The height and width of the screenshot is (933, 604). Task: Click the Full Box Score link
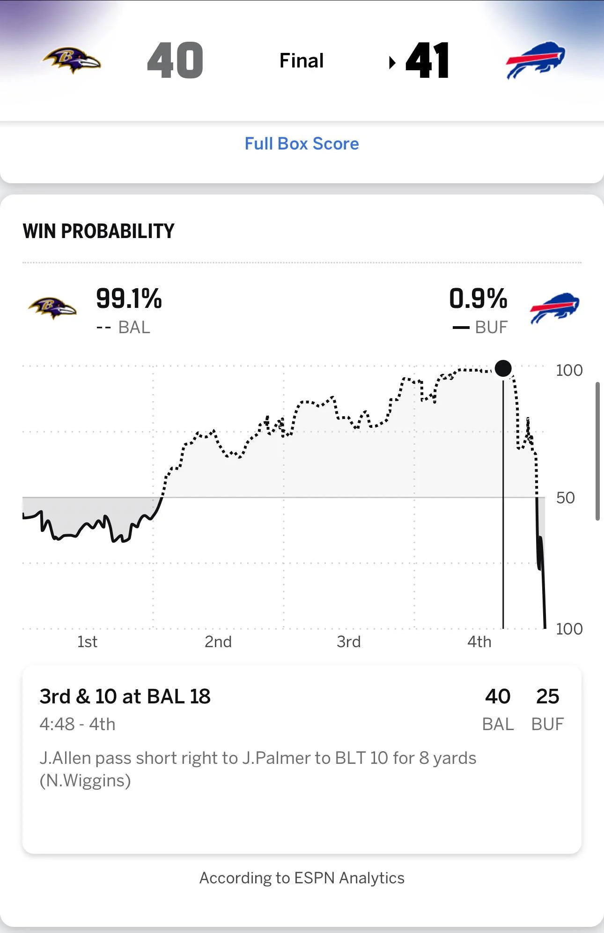point(302,144)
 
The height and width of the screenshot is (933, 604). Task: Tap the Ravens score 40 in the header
point(175,60)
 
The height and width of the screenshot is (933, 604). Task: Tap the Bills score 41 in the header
point(427,60)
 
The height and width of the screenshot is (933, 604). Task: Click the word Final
point(302,61)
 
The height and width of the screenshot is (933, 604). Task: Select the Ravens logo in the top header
point(72,60)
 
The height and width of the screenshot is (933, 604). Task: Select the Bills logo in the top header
point(535,60)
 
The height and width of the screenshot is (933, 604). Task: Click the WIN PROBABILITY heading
point(98,231)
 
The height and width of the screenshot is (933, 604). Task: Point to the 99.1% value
point(129,299)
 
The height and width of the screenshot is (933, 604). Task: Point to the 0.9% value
point(478,299)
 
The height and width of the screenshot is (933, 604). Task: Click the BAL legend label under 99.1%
point(134,328)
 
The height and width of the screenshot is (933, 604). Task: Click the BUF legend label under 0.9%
point(491,328)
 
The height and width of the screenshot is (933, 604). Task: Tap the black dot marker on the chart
point(503,368)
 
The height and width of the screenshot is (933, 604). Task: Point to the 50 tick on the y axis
point(565,498)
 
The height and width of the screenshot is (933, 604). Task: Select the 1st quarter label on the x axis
point(88,642)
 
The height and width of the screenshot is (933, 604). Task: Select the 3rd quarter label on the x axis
point(349,642)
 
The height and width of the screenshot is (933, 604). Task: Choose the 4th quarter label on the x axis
point(479,642)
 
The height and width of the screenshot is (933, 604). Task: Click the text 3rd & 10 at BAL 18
point(125,697)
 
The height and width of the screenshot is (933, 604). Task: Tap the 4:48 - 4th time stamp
point(77,724)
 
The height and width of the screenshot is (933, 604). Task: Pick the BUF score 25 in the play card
point(547,697)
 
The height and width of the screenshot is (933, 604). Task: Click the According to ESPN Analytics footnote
point(302,878)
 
